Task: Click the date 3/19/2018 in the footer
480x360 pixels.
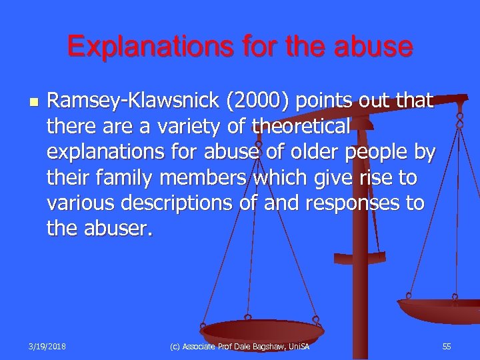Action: pyautogui.click(x=47, y=347)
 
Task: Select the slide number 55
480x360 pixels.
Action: pyautogui.click(x=446, y=347)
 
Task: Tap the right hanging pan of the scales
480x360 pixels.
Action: pyautogui.click(x=440, y=309)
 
